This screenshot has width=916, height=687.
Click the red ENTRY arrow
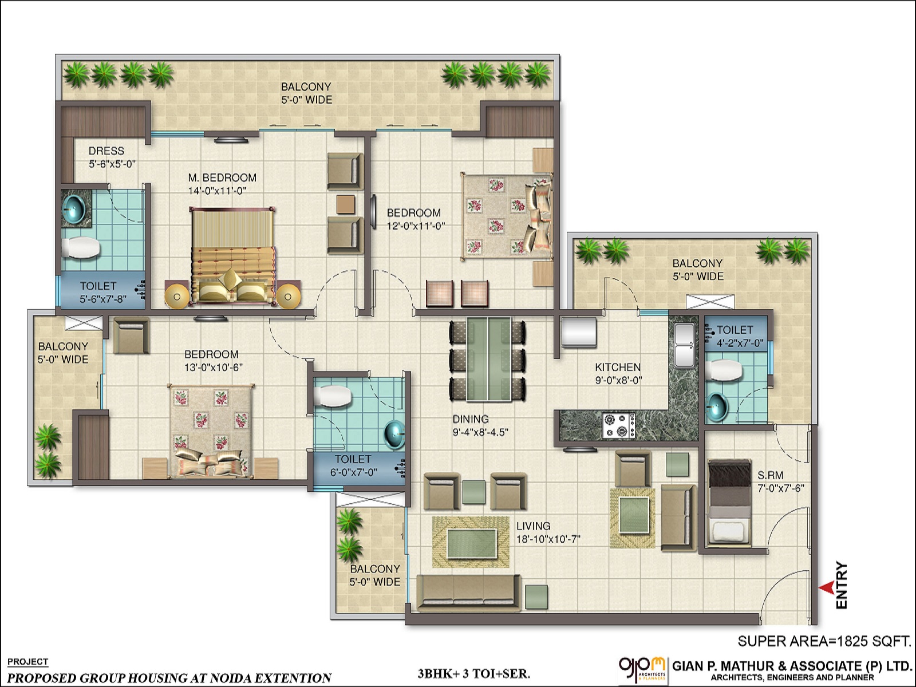pyautogui.click(x=826, y=587)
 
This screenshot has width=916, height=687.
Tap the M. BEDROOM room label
pyautogui.click(x=222, y=178)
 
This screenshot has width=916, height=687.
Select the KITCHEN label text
pyautogui.click(x=618, y=368)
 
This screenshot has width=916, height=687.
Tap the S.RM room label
pyautogui.click(x=770, y=475)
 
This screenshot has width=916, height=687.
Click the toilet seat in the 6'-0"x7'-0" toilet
pyautogui.click(x=333, y=396)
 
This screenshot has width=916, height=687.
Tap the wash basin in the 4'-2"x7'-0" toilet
pyautogui.click(x=717, y=407)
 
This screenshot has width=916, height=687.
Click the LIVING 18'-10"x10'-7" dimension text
pyautogui.click(x=548, y=539)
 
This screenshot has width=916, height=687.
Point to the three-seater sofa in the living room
pyautogui.click(x=468, y=593)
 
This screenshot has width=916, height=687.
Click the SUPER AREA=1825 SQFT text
pyautogui.click(x=824, y=641)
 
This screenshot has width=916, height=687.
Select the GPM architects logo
pyautogui.click(x=642, y=669)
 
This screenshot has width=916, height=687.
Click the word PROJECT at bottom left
pyautogui.click(x=27, y=662)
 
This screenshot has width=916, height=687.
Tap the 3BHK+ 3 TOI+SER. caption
pyautogui.click(x=473, y=673)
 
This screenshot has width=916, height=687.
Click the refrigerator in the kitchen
pyautogui.click(x=578, y=333)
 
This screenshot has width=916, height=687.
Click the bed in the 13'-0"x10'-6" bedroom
pyautogui.click(x=211, y=431)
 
